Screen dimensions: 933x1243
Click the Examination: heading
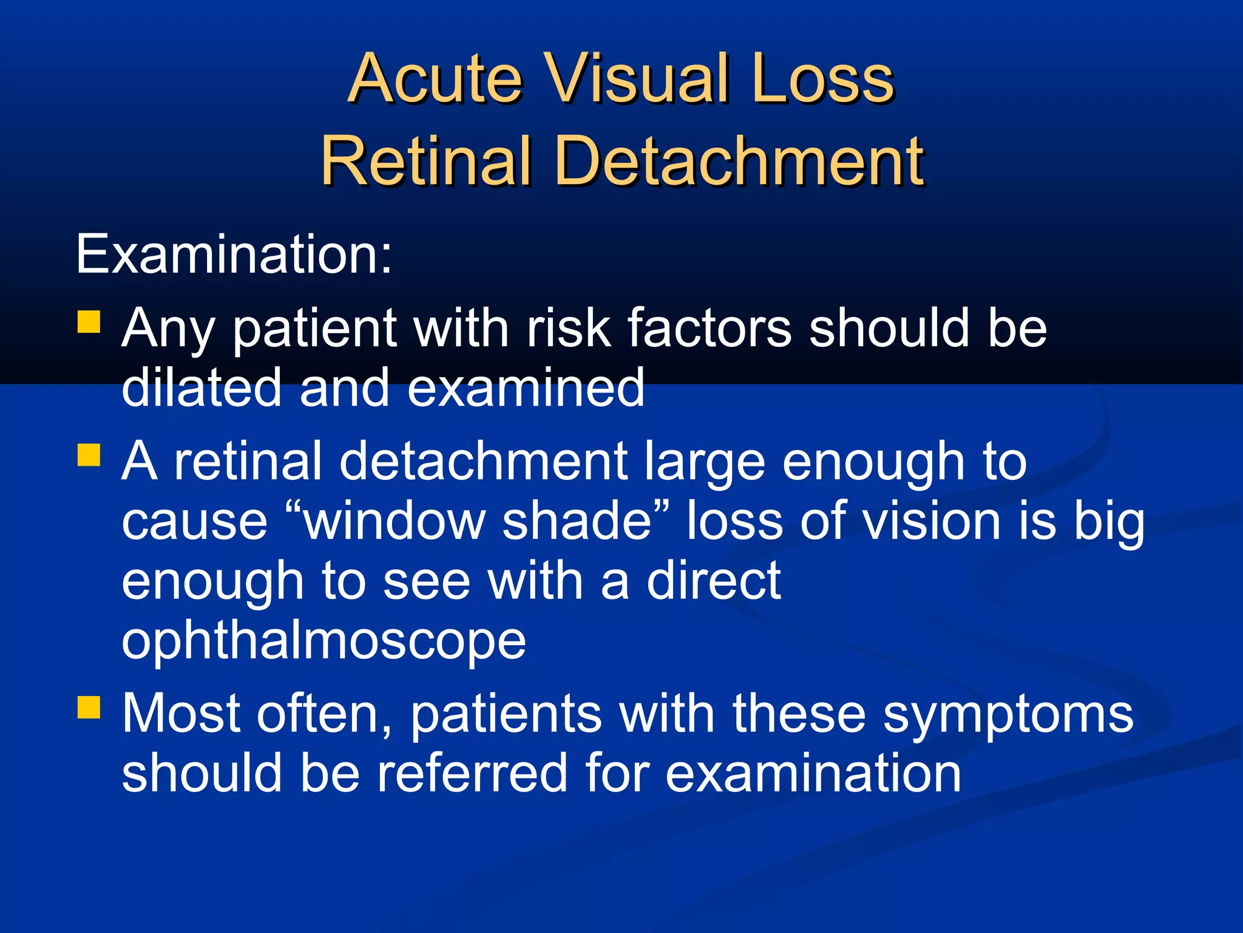(x=234, y=254)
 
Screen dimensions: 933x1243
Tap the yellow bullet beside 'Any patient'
(x=89, y=322)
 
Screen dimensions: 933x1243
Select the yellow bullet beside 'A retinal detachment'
(x=89, y=454)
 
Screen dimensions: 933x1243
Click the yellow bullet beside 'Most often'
(x=89, y=707)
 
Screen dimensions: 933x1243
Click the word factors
(x=709, y=328)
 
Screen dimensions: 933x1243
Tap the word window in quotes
(x=395, y=521)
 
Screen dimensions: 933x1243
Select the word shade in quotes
(x=577, y=521)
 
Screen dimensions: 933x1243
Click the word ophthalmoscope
(x=323, y=641)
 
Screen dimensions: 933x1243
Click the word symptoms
(x=1008, y=714)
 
